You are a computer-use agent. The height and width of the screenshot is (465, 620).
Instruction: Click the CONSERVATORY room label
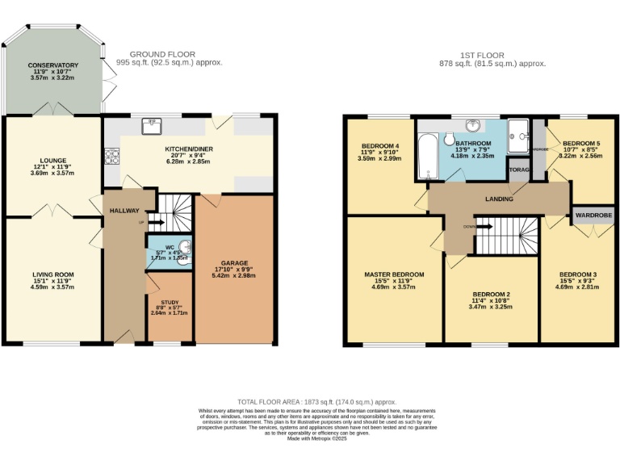[x=52, y=65]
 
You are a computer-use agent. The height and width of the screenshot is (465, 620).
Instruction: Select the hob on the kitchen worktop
[x=111, y=154]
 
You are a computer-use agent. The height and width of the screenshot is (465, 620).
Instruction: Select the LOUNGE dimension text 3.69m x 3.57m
[x=52, y=174]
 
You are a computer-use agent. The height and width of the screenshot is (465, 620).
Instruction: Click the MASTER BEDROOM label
[x=393, y=274]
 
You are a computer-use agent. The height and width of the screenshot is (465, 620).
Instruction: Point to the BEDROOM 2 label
[x=491, y=294]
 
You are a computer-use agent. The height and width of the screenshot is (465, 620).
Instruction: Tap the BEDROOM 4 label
[x=380, y=146]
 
